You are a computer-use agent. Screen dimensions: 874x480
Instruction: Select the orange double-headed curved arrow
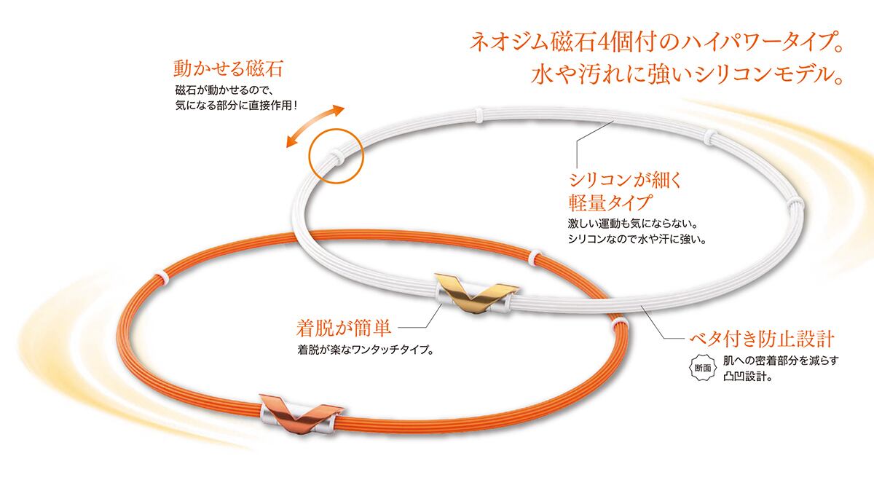(x=314, y=126)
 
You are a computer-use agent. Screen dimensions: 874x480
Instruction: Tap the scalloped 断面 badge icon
(x=701, y=368)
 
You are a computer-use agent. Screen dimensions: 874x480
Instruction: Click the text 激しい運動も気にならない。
(x=637, y=223)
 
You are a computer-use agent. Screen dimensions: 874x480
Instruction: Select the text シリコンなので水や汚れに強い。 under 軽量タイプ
(x=637, y=239)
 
